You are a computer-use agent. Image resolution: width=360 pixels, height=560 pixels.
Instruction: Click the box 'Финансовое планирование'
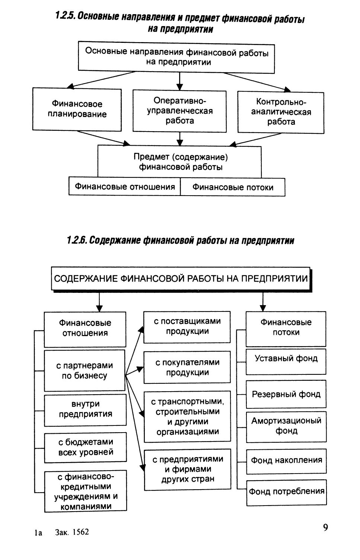(77, 109)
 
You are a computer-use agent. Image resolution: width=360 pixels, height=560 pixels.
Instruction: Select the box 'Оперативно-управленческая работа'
(179, 111)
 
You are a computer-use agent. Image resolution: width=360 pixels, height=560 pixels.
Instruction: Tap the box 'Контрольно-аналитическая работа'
(281, 112)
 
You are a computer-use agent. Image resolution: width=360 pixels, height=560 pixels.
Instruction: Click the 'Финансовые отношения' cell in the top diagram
(125, 186)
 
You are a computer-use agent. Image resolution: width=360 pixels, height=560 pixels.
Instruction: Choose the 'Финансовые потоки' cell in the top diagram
(233, 187)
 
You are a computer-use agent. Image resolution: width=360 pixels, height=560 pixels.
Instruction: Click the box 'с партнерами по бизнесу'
(85, 370)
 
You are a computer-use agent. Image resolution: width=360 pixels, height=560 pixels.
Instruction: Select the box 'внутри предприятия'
(85, 409)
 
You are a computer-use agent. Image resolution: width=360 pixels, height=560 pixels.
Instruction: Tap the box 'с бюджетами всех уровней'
(85, 447)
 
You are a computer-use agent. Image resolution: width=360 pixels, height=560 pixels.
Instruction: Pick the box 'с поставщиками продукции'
(187, 326)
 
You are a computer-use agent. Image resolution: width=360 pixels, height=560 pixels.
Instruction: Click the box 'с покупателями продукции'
(187, 367)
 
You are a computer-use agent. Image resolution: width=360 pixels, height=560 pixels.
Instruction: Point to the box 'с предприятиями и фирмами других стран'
(187, 469)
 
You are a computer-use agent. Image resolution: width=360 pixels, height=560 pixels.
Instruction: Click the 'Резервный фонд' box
(286, 394)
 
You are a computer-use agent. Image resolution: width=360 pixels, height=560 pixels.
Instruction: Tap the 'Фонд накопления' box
(286, 461)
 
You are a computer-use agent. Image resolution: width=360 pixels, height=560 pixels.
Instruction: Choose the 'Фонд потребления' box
(286, 492)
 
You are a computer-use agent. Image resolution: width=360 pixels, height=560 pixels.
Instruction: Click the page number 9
(325, 528)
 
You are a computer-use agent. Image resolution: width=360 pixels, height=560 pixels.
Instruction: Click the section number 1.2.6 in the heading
(77, 240)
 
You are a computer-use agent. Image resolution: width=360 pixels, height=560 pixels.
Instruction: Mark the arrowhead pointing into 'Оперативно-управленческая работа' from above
(179, 87)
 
